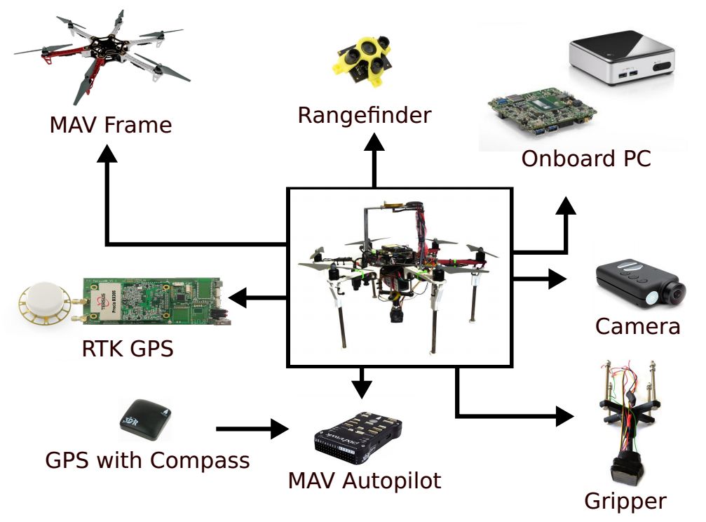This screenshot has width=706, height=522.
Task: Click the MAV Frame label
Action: coord(110,125)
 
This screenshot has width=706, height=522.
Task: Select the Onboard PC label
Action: coord(585,159)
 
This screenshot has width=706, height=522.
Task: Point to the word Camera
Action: coord(637,326)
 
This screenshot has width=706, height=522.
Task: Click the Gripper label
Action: coord(625,501)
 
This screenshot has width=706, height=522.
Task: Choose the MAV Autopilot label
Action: coord(365,481)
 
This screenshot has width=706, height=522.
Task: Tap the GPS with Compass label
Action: coord(147,460)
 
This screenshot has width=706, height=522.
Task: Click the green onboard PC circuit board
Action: coord(542,112)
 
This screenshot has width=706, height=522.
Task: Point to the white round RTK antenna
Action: coord(45,304)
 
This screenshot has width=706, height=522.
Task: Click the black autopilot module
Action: coord(359,440)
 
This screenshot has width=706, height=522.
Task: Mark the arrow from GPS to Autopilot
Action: coord(253,428)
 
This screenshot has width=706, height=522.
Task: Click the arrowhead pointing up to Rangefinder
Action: coord(374,141)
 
